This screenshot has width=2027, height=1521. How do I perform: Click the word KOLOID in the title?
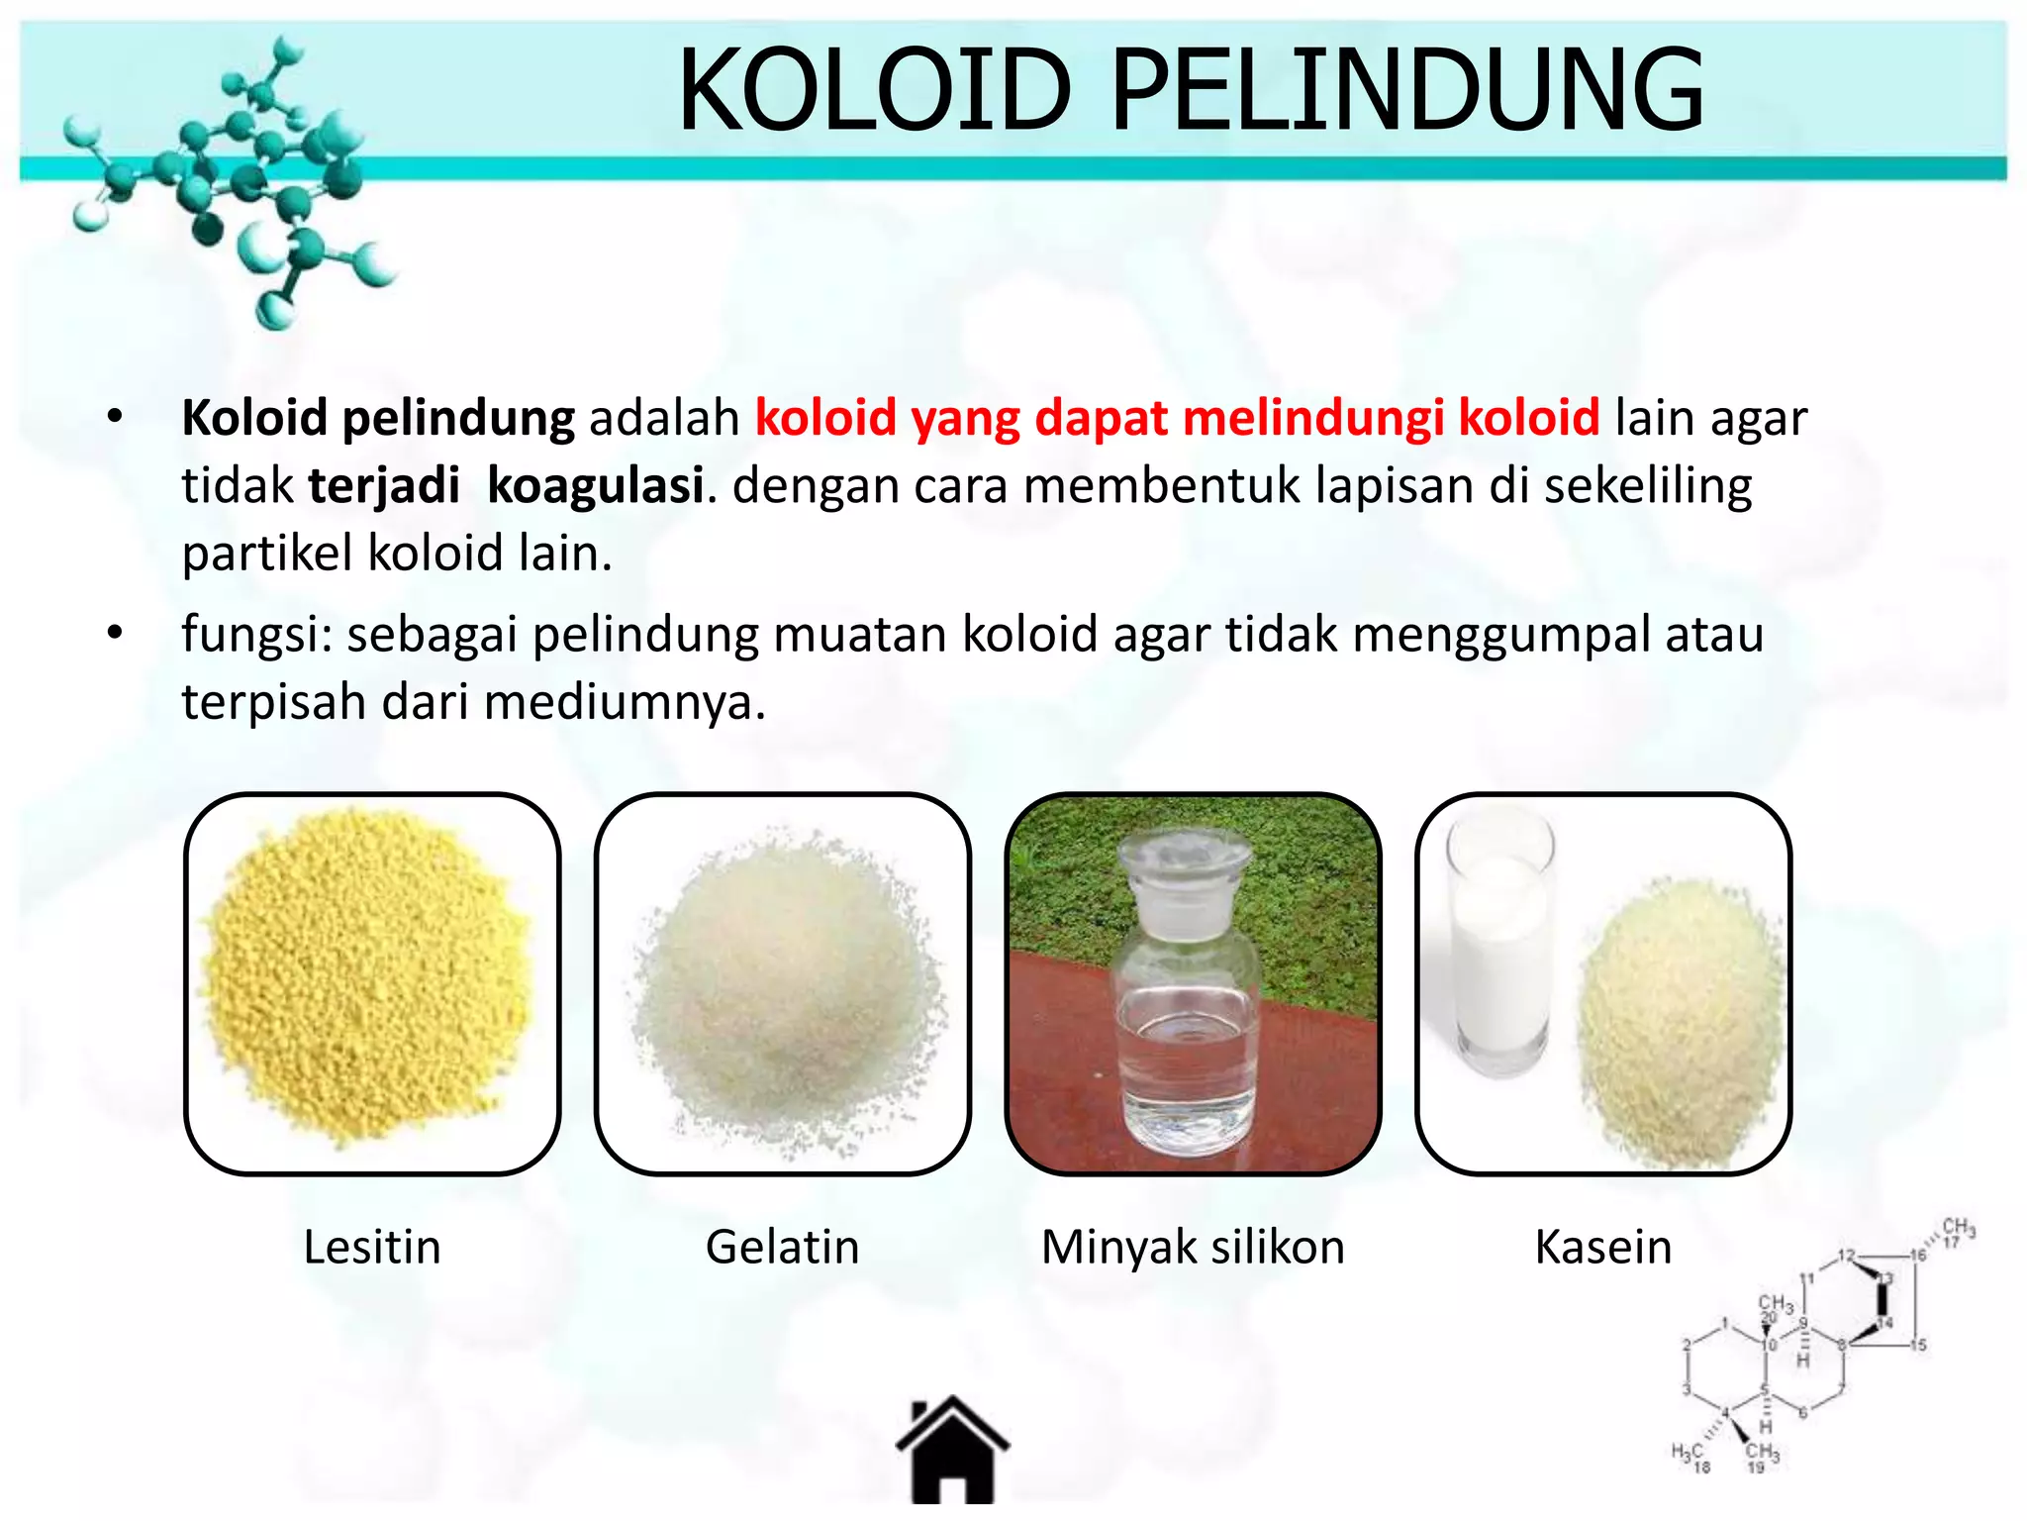point(875,91)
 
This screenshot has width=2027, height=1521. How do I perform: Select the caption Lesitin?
point(371,1247)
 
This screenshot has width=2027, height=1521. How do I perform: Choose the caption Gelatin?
point(782,1247)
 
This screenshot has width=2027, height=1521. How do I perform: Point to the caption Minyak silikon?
point(1193,1247)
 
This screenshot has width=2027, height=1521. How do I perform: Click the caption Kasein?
point(1603,1247)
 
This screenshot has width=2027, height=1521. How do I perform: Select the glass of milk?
point(1498,951)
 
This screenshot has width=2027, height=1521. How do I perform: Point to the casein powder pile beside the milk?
point(1678,1020)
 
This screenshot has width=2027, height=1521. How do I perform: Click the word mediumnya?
point(625,702)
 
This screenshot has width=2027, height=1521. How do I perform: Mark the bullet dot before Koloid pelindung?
point(116,417)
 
